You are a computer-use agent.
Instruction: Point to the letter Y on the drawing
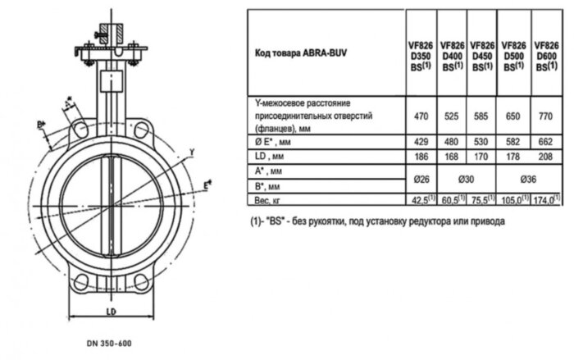click(191, 152)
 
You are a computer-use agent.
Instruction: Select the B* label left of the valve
click(40, 125)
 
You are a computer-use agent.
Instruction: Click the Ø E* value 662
click(547, 142)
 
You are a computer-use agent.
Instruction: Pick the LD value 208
click(547, 157)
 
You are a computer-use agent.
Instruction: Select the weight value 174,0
click(547, 199)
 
